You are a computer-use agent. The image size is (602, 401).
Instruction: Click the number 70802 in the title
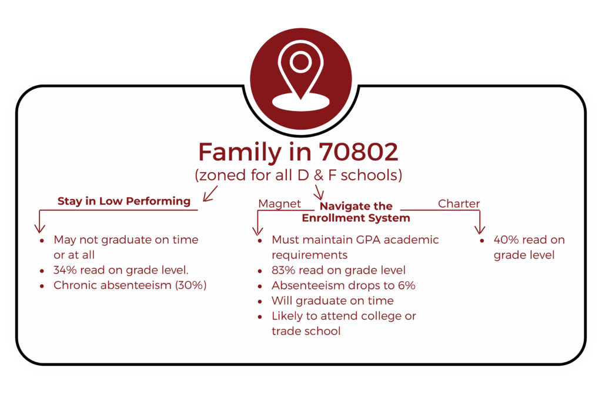point(359,152)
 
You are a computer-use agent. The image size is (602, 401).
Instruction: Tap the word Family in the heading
point(240,153)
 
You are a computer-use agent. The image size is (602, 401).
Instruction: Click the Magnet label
point(279,204)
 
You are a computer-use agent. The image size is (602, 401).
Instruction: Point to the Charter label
point(459,204)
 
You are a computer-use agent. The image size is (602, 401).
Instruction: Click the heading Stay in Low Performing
point(124,201)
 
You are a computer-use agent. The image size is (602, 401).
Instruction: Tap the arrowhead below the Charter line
point(480,229)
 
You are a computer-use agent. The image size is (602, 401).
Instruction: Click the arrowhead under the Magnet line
point(257,230)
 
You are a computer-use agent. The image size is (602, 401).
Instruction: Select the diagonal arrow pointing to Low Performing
point(210,194)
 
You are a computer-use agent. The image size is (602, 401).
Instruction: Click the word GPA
point(368,240)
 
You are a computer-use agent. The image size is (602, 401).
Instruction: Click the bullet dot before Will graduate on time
point(260,302)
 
